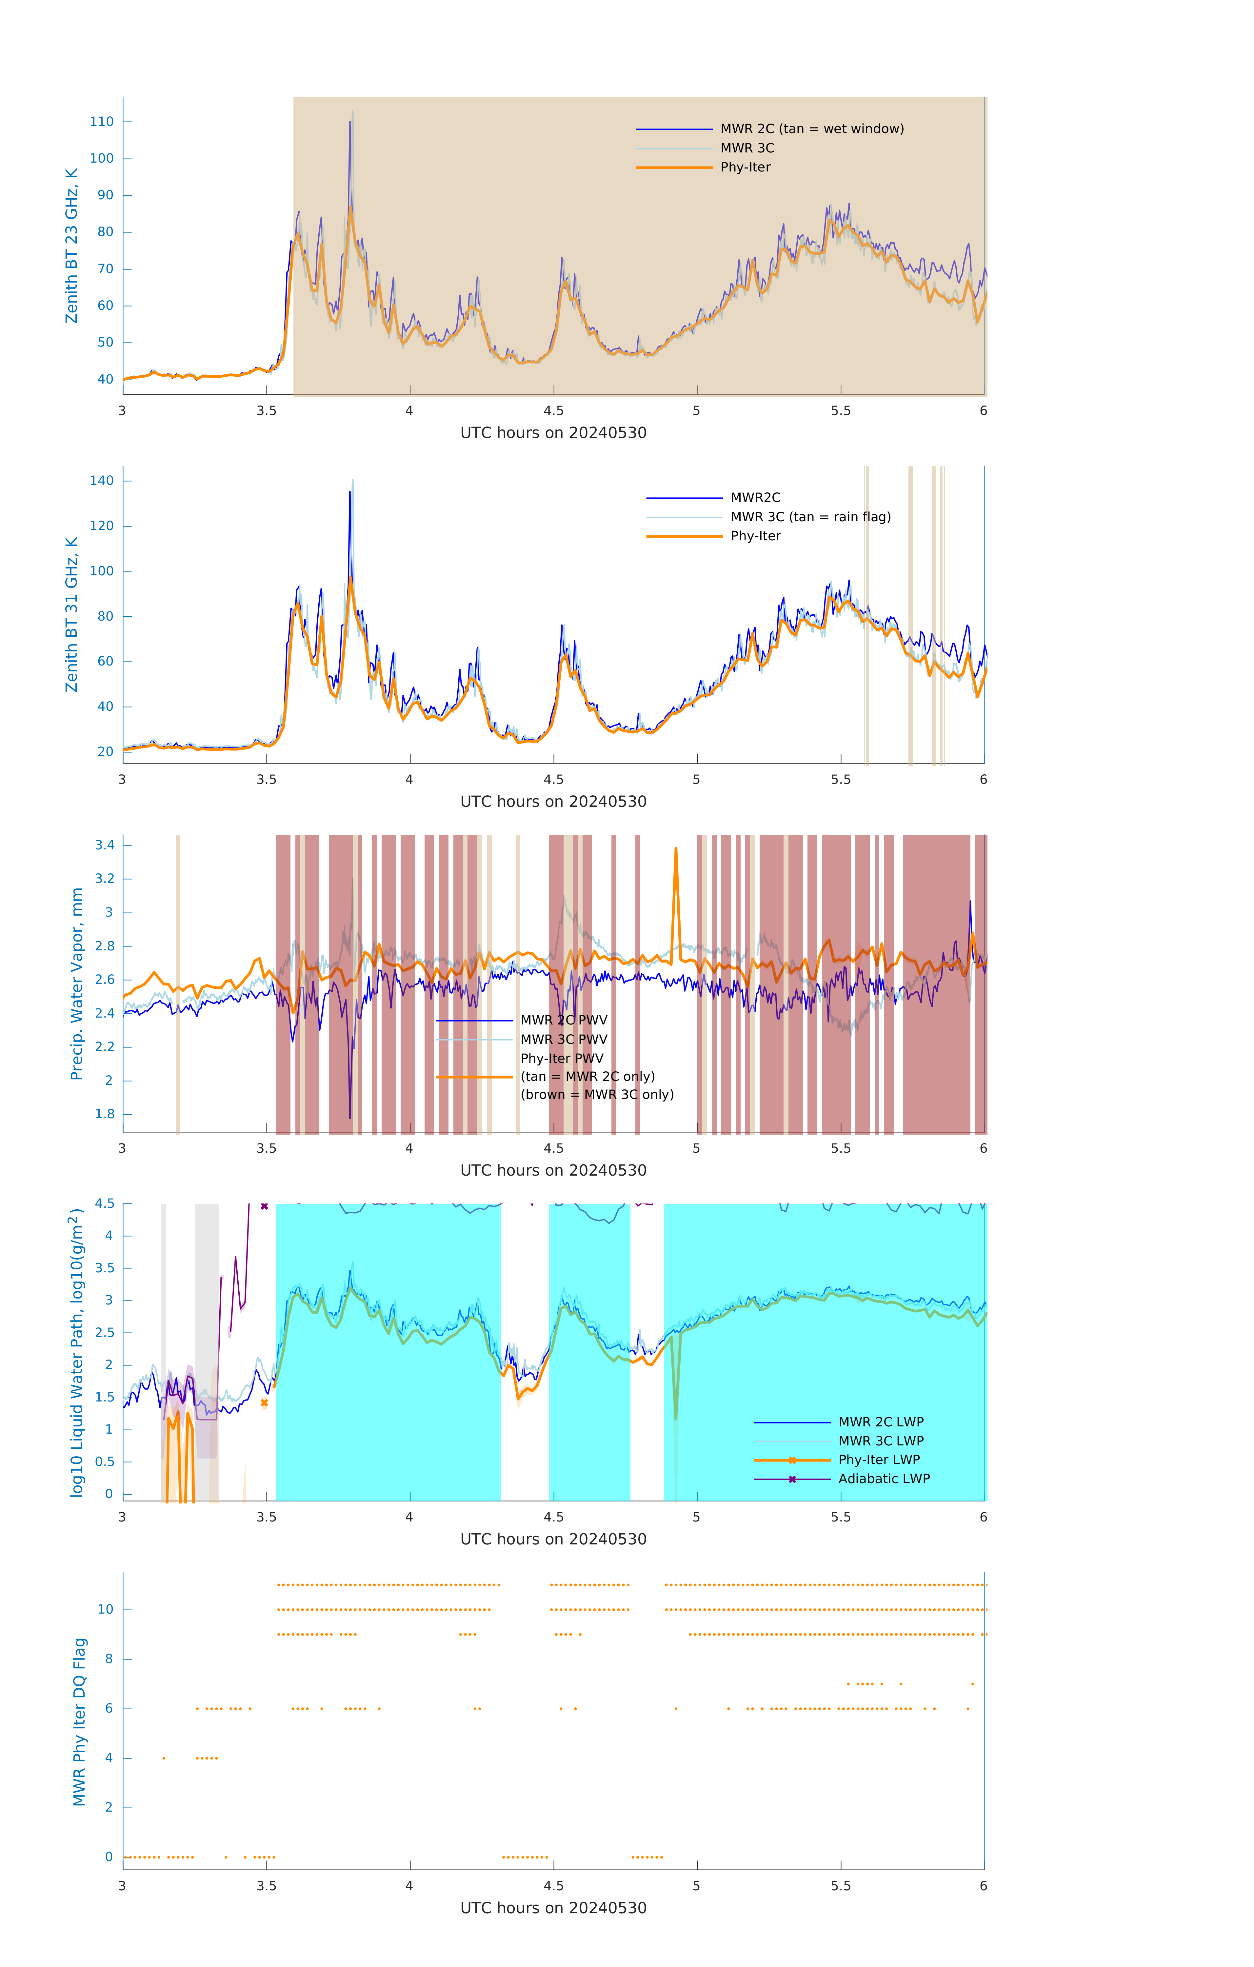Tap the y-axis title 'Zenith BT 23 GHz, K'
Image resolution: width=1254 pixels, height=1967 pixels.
click(72, 246)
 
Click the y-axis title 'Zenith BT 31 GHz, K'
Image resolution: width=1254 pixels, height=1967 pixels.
click(72, 614)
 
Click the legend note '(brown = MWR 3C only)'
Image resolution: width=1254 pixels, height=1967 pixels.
click(597, 1095)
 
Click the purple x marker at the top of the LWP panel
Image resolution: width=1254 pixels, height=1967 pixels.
click(264, 1206)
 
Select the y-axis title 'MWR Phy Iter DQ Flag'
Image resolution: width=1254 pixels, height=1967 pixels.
click(79, 1722)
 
